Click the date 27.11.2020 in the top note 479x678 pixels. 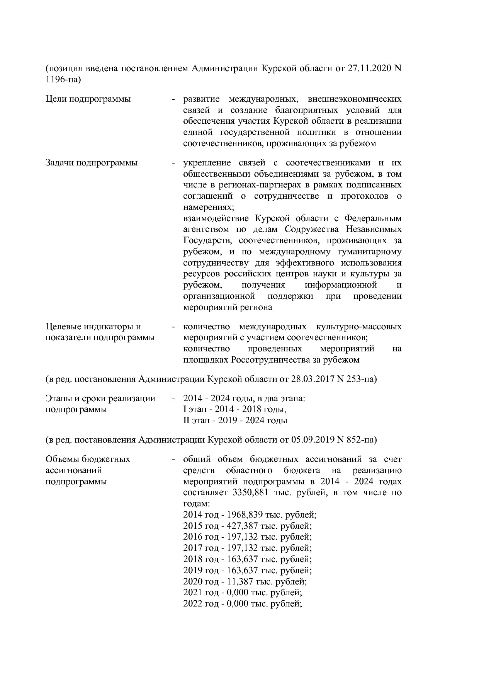pos(369,68)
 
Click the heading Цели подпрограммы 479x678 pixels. pos(88,99)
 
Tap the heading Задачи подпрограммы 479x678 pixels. pos(92,163)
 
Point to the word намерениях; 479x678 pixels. pos(209,207)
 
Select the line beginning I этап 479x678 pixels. pos(234,409)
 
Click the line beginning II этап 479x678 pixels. pos(235,421)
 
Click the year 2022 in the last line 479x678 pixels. pos(192,604)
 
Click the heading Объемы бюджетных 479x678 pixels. pos(88,459)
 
